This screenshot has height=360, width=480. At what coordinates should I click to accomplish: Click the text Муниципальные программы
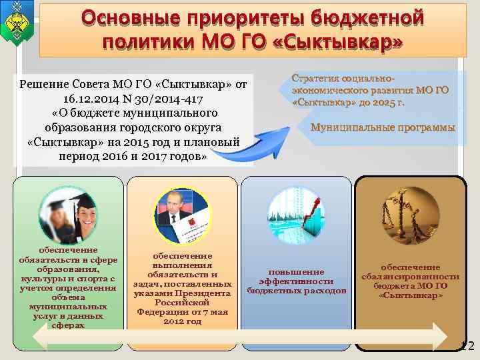tap(383, 127)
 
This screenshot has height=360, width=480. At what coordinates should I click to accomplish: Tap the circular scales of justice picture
tap(409, 213)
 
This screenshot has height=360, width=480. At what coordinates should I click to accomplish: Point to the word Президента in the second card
tap(203, 293)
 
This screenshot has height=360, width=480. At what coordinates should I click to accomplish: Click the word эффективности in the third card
tap(296, 281)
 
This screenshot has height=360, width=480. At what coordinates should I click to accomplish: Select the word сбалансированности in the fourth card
tap(411, 276)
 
